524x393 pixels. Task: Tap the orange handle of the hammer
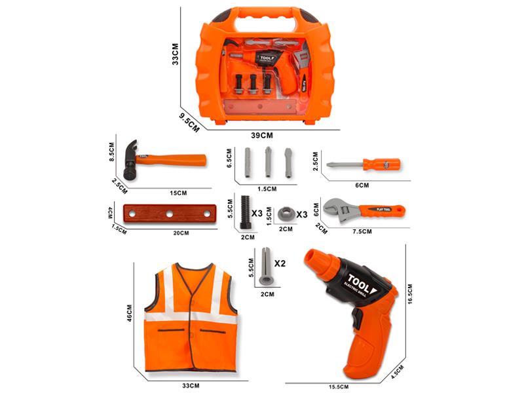(177, 159)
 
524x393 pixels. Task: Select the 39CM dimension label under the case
(261, 136)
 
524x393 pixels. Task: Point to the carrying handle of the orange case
(261, 14)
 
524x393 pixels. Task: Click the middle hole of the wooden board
(169, 214)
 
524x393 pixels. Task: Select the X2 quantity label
(280, 263)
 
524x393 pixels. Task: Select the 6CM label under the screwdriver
(362, 185)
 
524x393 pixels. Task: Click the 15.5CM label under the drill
(339, 387)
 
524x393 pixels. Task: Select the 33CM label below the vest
(191, 386)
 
